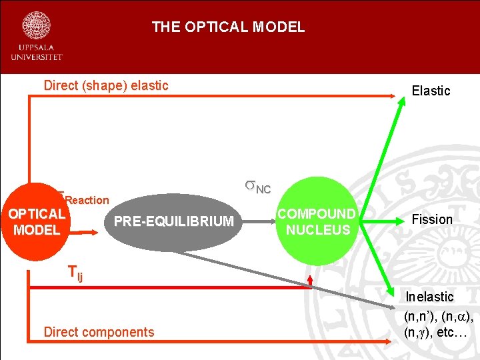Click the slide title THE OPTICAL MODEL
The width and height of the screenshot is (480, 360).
point(228,27)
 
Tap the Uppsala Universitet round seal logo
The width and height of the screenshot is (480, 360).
point(37,25)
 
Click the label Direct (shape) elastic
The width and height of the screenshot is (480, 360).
point(106,85)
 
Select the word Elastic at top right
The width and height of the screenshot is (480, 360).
point(431,91)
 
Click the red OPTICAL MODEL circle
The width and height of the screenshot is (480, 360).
point(37,222)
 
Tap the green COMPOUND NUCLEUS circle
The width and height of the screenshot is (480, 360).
point(317,221)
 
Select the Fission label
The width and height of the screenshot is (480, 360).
point(432,219)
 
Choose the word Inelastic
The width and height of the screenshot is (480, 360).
point(430,297)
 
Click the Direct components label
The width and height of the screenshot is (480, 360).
point(99,332)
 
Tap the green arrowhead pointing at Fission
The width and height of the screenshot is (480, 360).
point(393,220)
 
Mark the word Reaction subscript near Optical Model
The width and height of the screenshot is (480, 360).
point(87,200)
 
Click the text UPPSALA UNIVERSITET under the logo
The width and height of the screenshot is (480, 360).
point(37,53)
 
